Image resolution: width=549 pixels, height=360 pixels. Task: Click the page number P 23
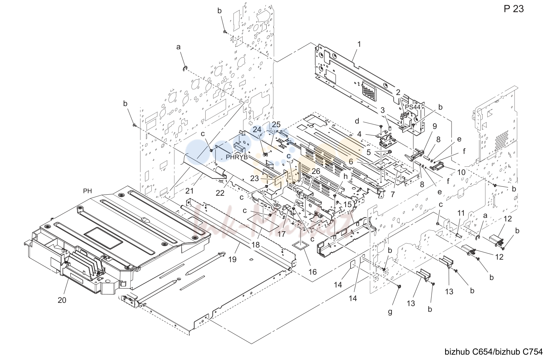pyautogui.click(x=514, y=9)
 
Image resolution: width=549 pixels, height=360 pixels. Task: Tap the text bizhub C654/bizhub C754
pyautogui.click(x=494, y=352)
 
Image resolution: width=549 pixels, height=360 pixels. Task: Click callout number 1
pyautogui.click(x=359, y=44)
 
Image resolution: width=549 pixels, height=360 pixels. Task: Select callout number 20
pyautogui.click(x=62, y=300)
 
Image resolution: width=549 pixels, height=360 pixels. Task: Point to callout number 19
pyautogui.click(x=232, y=259)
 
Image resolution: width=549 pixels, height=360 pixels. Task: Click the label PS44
pyautogui.click(x=413, y=107)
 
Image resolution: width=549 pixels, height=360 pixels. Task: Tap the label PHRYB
pyautogui.click(x=237, y=157)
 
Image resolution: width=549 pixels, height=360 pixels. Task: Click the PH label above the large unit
pyautogui.click(x=87, y=191)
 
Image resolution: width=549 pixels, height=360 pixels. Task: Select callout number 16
pyautogui.click(x=312, y=272)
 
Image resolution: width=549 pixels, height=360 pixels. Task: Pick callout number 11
pyautogui.click(x=461, y=213)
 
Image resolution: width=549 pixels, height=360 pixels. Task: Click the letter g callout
pyautogui.click(x=390, y=312)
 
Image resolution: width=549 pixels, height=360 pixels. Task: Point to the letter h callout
pyautogui.click(x=345, y=176)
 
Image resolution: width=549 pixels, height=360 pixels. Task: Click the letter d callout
pyautogui.click(x=357, y=121)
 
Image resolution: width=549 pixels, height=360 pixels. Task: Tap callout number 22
pyautogui.click(x=220, y=193)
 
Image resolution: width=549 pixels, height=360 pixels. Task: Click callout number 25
pyautogui.click(x=276, y=124)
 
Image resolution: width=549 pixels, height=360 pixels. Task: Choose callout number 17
pyautogui.click(x=281, y=234)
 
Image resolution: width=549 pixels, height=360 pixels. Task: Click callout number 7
pyautogui.click(x=393, y=194)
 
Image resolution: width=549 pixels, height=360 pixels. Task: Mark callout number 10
pyautogui.click(x=461, y=172)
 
